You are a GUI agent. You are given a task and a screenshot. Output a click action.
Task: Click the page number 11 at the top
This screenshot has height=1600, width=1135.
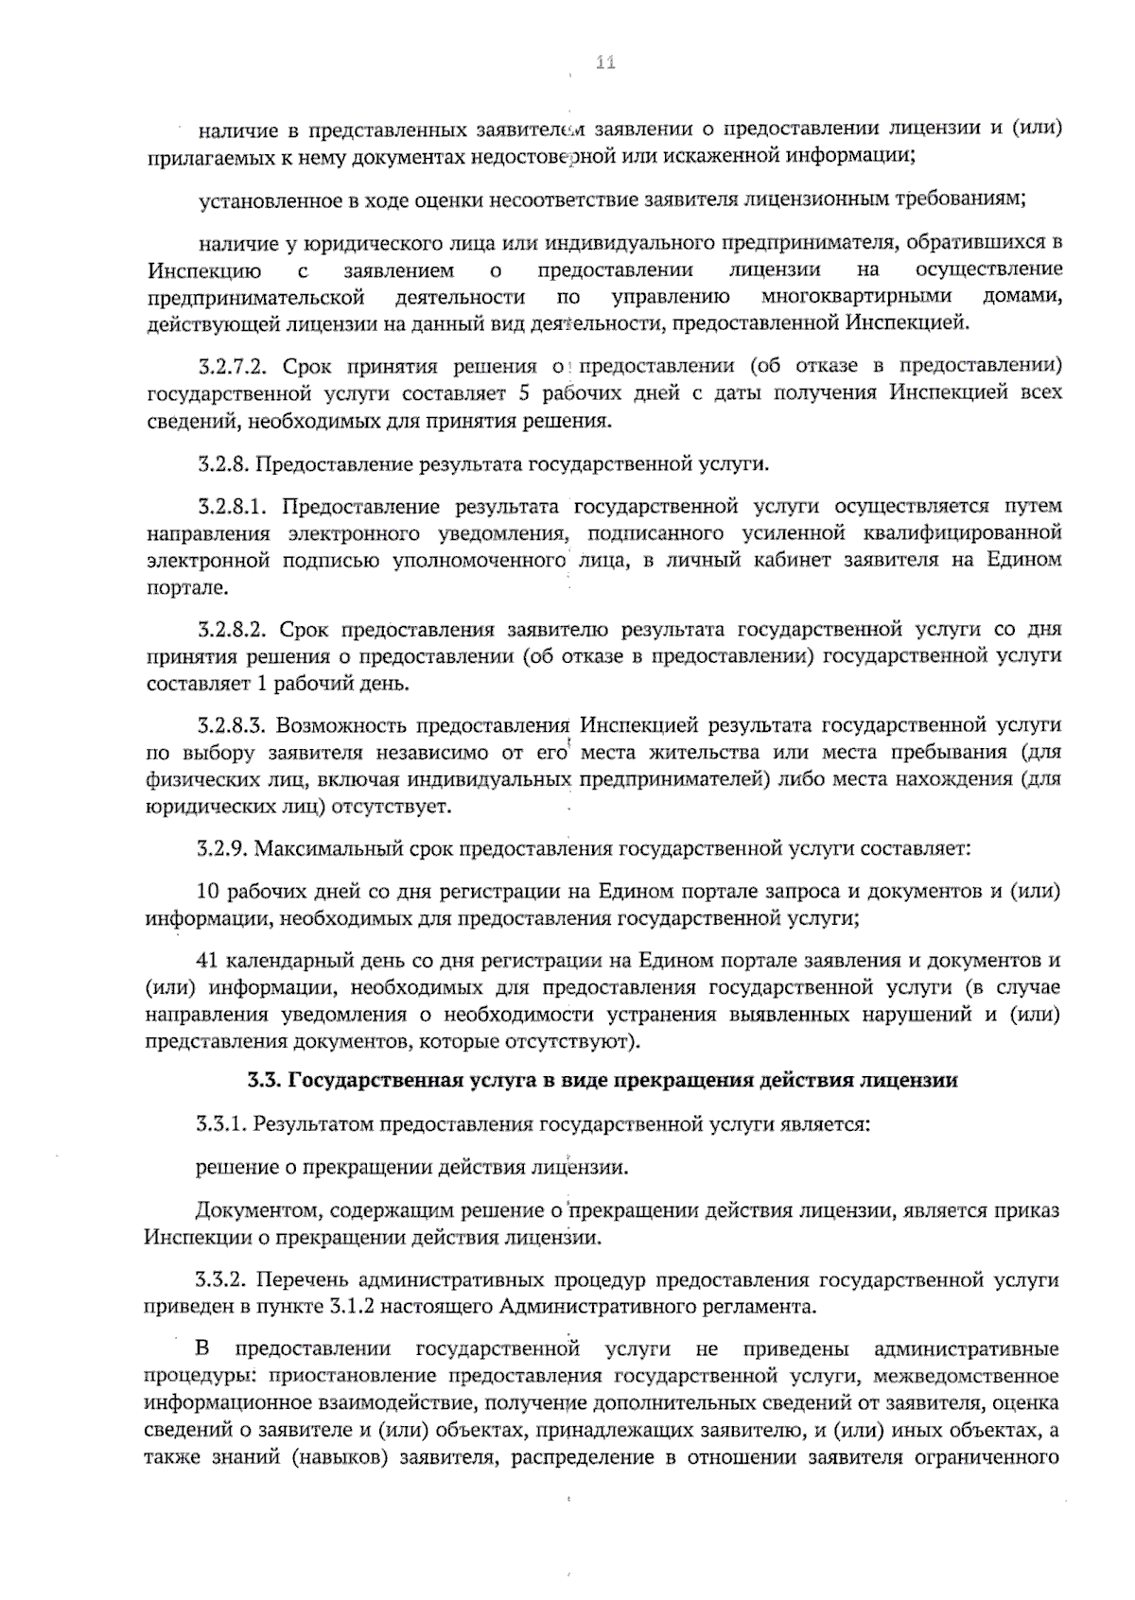click(605, 63)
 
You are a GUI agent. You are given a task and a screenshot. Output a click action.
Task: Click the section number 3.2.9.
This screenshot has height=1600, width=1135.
click(223, 848)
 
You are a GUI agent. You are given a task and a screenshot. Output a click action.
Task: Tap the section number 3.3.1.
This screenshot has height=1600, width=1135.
click(222, 1124)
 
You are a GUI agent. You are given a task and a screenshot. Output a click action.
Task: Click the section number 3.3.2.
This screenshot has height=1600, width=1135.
click(222, 1280)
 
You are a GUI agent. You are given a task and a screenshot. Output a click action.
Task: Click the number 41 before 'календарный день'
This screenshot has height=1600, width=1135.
click(207, 960)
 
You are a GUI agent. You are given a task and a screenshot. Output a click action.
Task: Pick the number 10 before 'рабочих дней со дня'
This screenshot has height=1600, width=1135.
click(208, 891)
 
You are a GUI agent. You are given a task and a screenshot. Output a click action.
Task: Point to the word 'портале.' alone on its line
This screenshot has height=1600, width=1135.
click(174, 588)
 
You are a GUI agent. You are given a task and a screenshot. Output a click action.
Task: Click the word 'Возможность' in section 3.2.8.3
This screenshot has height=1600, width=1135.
click(336, 725)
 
